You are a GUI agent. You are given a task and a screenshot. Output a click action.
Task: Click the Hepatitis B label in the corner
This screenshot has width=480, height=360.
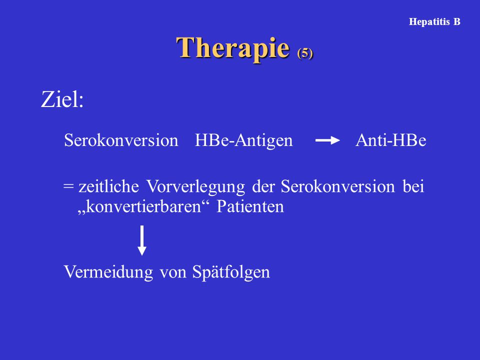434,21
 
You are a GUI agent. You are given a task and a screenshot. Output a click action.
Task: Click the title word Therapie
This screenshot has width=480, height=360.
233,48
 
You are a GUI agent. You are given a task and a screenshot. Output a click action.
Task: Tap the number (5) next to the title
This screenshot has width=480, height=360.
305,53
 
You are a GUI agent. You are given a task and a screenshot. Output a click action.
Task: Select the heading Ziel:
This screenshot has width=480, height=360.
62,99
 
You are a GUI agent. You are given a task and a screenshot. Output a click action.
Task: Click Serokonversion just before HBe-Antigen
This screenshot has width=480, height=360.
121,140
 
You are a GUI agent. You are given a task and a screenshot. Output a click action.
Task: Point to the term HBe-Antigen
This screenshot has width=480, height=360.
243,141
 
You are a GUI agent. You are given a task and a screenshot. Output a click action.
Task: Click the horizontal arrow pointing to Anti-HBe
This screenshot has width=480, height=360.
327,140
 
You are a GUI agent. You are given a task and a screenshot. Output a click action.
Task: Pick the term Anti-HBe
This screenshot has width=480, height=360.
391,140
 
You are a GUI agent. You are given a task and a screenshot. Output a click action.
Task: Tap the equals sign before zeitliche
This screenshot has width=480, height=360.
68,186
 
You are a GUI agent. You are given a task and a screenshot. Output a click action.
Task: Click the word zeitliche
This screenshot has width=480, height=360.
108,186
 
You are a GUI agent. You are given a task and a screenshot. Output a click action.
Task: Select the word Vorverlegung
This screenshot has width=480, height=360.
195,186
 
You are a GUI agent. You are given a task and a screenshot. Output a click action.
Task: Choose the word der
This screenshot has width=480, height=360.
263,186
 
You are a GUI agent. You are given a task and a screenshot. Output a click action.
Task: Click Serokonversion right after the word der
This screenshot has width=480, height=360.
338,186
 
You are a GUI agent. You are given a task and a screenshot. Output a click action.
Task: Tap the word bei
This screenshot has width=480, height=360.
413,186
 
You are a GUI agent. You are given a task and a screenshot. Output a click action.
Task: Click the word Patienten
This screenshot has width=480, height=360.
250,206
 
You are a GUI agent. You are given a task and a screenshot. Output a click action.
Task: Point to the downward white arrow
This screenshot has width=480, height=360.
141,240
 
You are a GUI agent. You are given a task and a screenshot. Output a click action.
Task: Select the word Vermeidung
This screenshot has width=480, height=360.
108,272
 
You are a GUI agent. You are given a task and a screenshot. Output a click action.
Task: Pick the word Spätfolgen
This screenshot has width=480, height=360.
231,272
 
